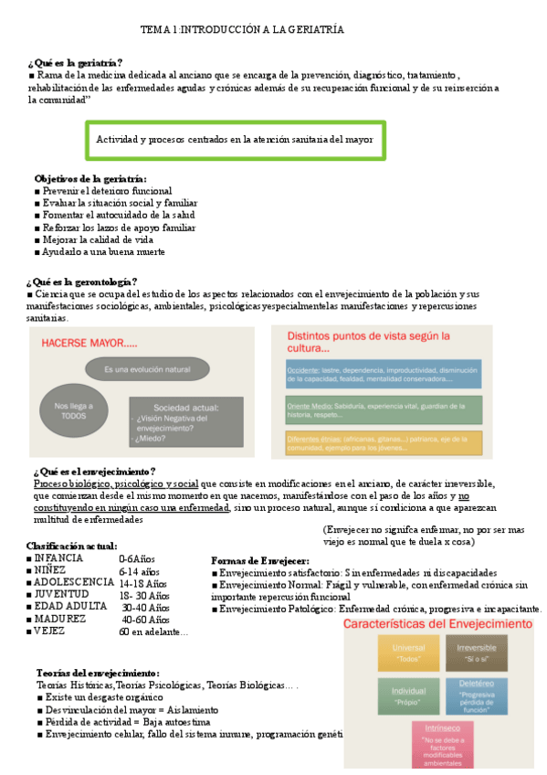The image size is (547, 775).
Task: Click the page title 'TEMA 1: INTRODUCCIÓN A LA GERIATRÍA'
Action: coord(242,30)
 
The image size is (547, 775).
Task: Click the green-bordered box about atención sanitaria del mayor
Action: coord(235,140)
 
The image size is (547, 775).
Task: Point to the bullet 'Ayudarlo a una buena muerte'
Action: coord(102,251)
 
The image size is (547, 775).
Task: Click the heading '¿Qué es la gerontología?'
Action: coord(82,281)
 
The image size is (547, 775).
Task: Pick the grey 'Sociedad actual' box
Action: coord(185,420)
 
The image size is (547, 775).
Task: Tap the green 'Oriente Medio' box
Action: coord(377,409)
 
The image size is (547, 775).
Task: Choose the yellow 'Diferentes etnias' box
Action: coord(377,443)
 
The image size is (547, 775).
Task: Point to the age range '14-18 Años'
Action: coord(142,583)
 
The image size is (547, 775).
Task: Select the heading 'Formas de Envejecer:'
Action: coord(259,560)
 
